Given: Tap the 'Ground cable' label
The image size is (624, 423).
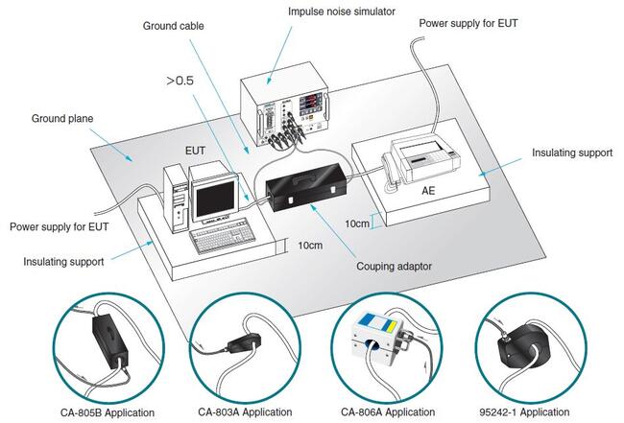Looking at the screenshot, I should click(x=173, y=26).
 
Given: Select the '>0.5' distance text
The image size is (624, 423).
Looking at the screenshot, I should click(x=181, y=82).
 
